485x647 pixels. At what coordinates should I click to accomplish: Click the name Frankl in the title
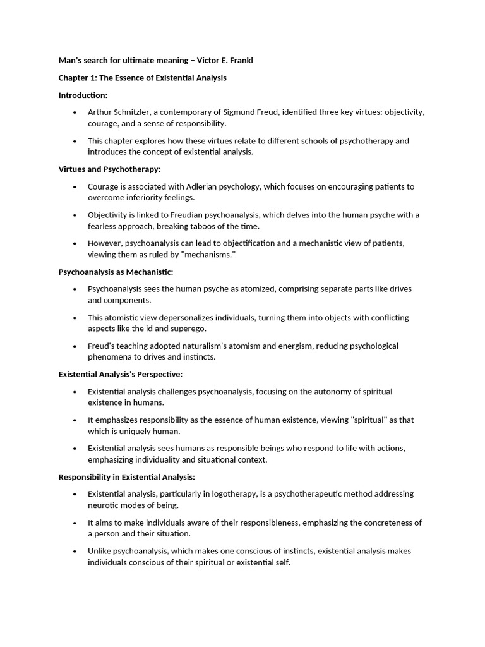[242, 60]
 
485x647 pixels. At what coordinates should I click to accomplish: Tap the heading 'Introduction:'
[83, 95]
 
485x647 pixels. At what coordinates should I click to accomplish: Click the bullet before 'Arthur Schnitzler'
[75, 112]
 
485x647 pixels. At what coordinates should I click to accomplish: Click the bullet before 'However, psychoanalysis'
[75, 243]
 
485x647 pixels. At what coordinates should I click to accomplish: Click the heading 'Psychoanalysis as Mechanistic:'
[116, 272]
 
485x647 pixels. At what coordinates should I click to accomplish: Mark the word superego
[189, 329]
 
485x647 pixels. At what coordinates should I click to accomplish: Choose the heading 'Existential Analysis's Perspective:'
[120, 374]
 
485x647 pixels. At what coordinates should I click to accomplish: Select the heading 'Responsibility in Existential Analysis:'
[127, 476]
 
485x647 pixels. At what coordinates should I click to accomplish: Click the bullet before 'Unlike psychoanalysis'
[75, 552]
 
